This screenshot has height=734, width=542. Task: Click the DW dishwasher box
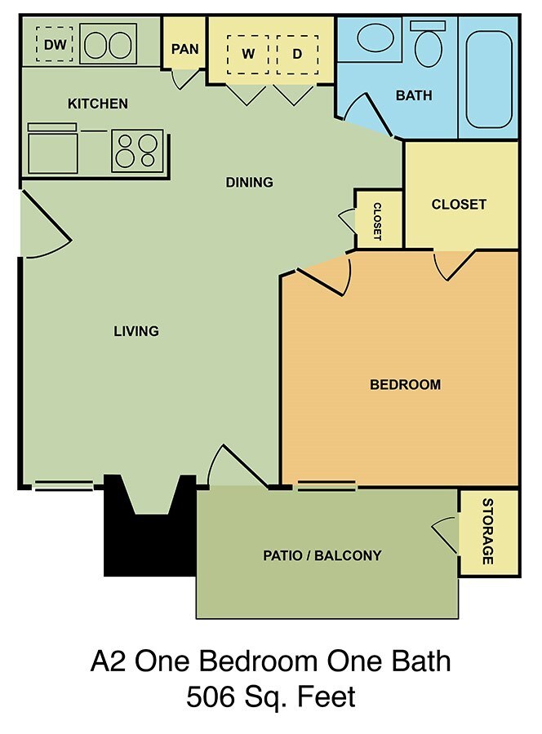click(55, 44)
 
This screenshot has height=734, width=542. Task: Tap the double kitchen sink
click(109, 44)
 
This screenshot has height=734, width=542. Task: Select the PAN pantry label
click(184, 49)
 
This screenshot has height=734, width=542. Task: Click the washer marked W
click(247, 55)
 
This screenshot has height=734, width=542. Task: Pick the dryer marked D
click(297, 55)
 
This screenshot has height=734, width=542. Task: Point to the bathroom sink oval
click(375, 38)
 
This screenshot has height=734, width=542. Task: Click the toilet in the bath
click(428, 46)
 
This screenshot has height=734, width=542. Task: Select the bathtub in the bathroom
click(488, 75)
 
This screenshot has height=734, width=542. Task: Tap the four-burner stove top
click(136, 149)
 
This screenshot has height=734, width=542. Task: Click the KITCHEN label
click(97, 104)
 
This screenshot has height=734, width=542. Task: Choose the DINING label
click(249, 182)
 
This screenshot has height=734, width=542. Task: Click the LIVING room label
click(135, 330)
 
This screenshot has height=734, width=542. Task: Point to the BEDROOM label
click(405, 384)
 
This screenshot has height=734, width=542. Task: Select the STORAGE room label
click(487, 531)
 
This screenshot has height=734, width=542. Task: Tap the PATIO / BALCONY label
click(322, 556)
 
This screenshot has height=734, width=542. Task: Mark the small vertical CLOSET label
click(377, 220)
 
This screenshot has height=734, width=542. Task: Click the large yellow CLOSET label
click(459, 204)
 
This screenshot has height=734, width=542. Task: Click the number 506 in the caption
click(212, 698)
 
